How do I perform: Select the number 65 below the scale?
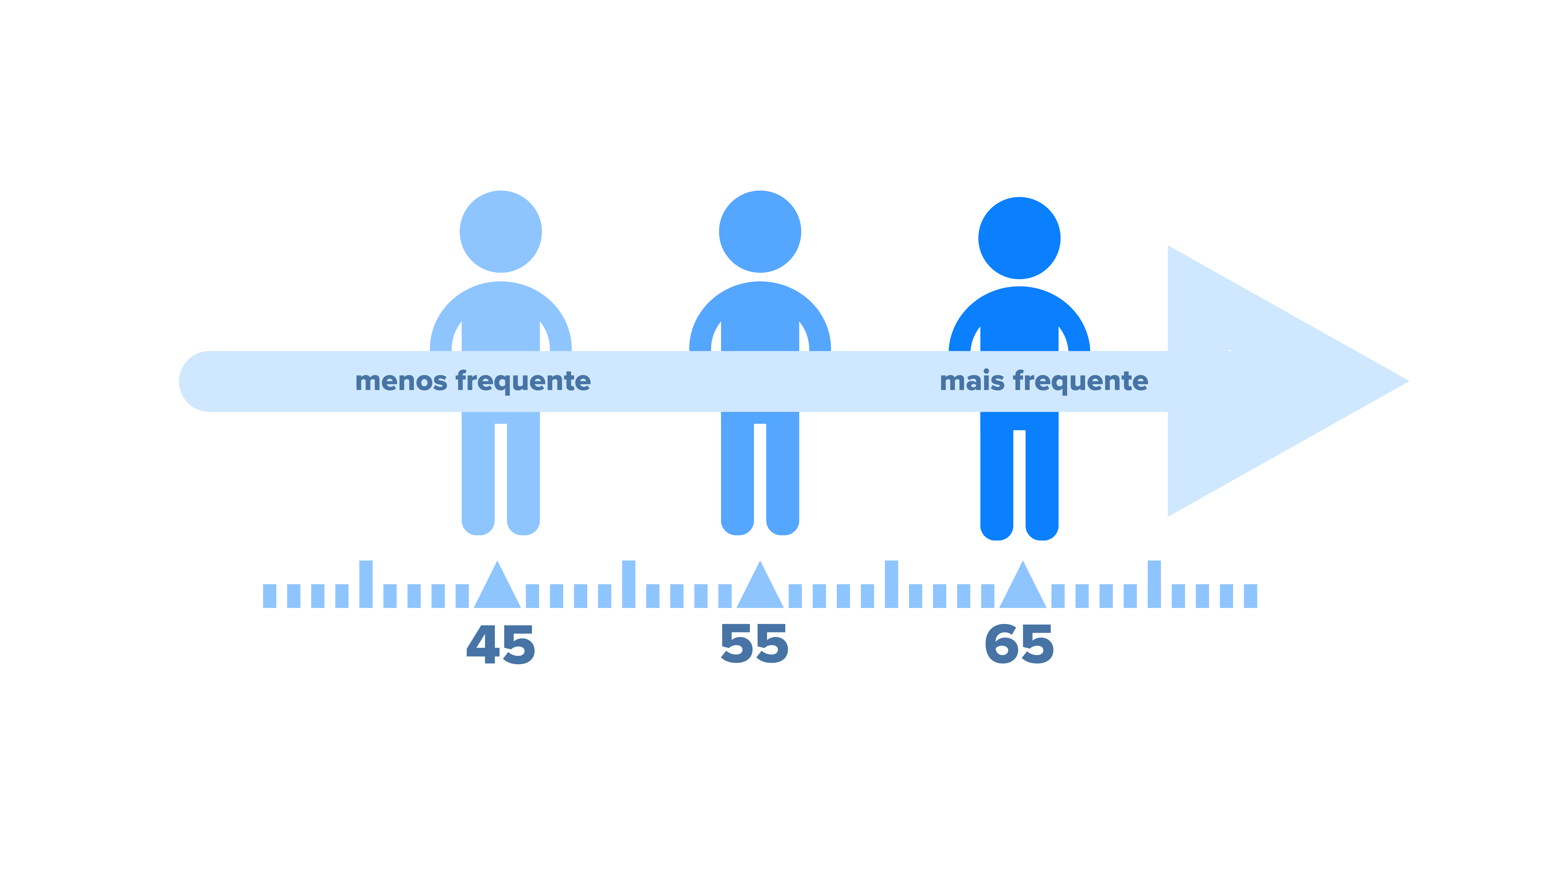1019,644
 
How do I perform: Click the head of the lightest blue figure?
501,232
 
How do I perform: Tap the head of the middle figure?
760,232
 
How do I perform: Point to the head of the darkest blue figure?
1019,238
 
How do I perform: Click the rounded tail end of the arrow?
181,381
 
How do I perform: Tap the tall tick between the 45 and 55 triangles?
629,584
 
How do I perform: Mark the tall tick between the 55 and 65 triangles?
891,584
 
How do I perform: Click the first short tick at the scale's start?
270,596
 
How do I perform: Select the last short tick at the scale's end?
1251,596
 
